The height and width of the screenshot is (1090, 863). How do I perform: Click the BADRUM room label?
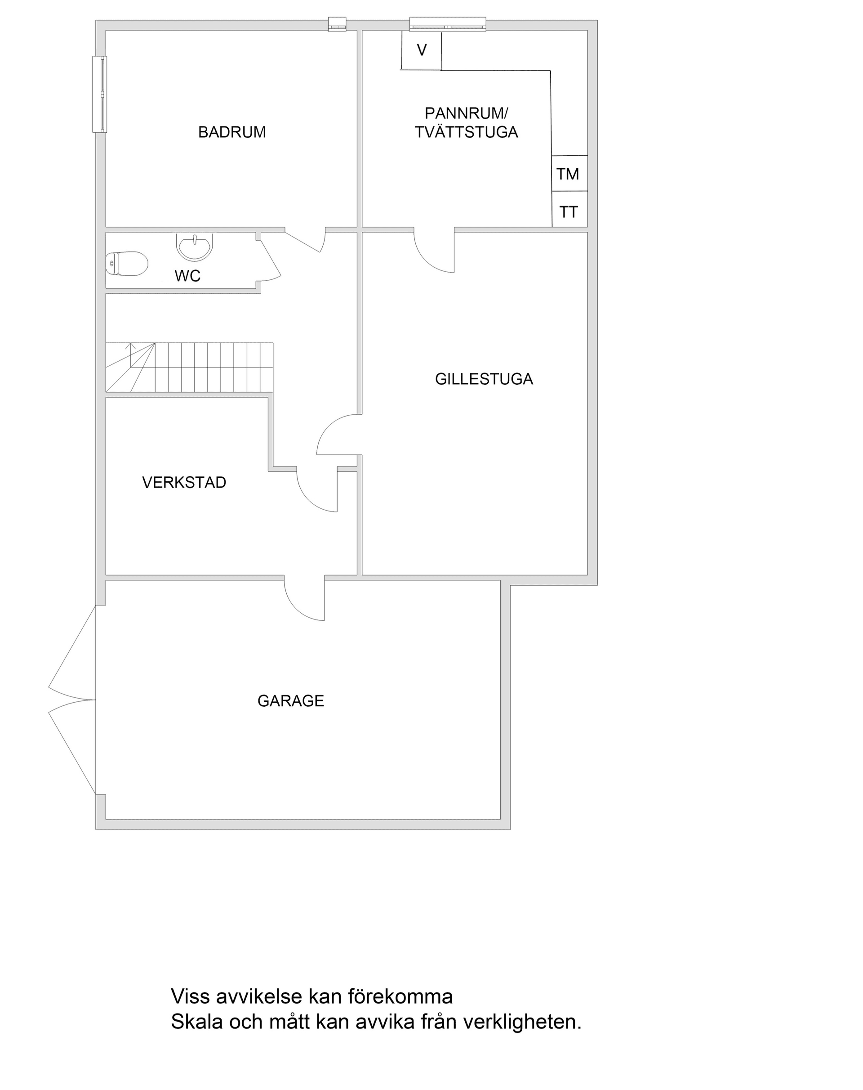click(232, 132)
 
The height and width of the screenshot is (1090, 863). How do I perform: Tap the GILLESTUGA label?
click(484, 379)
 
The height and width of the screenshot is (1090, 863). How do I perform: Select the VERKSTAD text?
click(184, 483)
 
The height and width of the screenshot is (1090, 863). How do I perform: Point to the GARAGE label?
click(290, 701)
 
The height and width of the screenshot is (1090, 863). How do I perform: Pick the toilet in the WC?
click(127, 264)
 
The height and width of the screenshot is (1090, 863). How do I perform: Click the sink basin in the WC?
click(195, 245)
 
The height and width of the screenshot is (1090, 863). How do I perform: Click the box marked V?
click(422, 50)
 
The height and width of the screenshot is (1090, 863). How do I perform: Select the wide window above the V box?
click(447, 24)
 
